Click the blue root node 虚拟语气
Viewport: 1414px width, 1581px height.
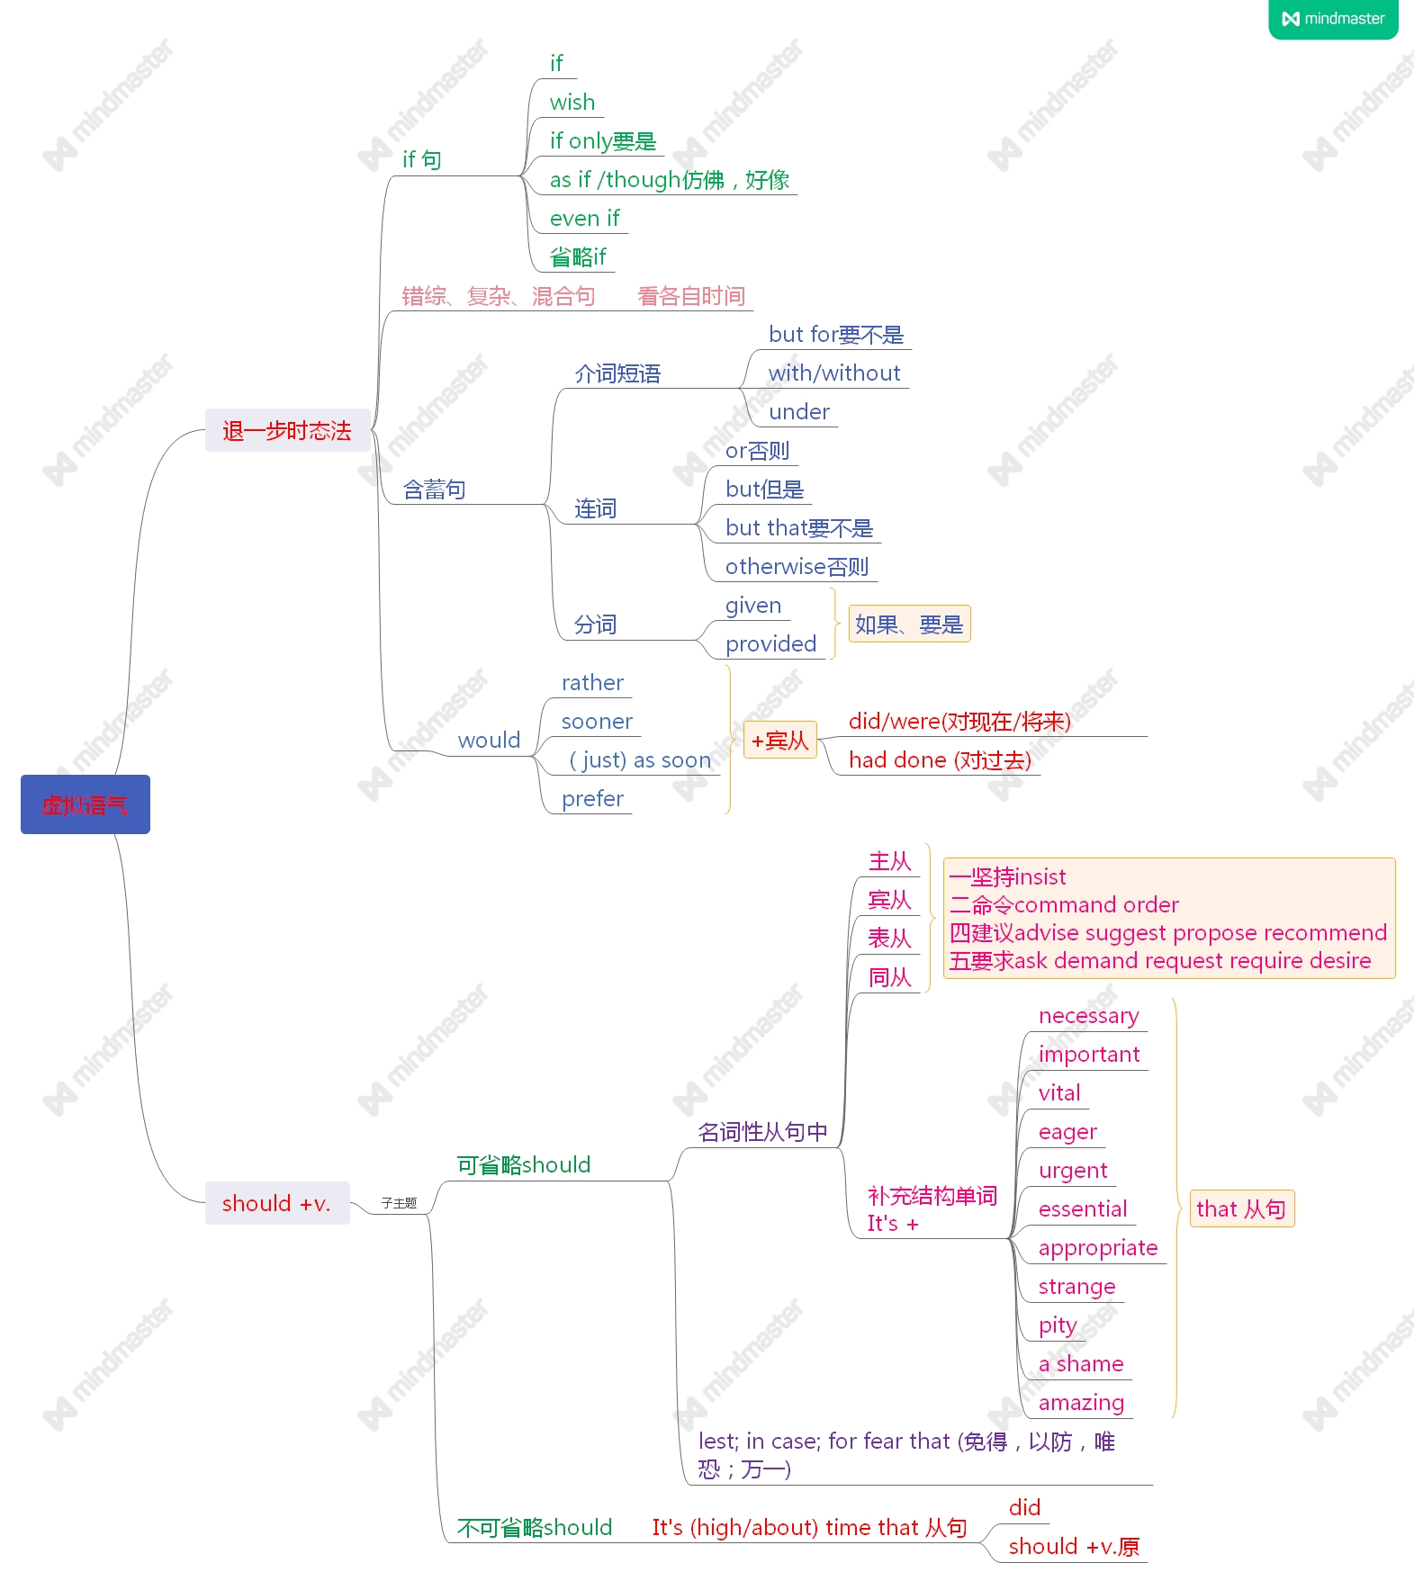pyautogui.click(x=86, y=804)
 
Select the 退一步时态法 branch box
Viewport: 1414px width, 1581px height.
pyautogui.click(x=287, y=431)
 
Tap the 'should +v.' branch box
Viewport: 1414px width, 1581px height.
pyautogui.click(x=276, y=1203)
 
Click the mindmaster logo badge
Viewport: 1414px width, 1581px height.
pyautogui.click(x=1333, y=19)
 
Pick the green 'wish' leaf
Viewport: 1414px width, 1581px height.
pyautogui.click(x=572, y=103)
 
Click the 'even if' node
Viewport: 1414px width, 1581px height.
pyautogui.click(x=584, y=219)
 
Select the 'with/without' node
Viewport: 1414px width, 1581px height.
pyautogui.click(x=833, y=373)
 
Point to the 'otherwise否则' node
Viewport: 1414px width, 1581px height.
pyautogui.click(x=797, y=567)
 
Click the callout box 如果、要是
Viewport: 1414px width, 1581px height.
pyautogui.click(x=909, y=624)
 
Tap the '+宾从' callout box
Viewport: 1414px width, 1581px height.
pyautogui.click(x=779, y=741)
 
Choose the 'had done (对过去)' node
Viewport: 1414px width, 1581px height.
pyautogui.click(x=940, y=760)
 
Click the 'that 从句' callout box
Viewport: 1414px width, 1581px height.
pyautogui.click(x=1240, y=1208)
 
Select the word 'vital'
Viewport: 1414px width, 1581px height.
pyautogui.click(x=1059, y=1093)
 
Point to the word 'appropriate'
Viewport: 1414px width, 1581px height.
pyautogui.click(x=1097, y=1248)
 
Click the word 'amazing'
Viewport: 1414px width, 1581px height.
pyautogui.click(x=1081, y=1403)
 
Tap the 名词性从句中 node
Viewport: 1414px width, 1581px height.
pyautogui.click(x=762, y=1132)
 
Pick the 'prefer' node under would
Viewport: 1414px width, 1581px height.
pyautogui.click(x=592, y=799)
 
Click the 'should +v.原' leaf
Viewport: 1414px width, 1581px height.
pyautogui.click(x=1074, y=1547)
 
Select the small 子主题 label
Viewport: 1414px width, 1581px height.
pyautogui.click(x=399, y=1203)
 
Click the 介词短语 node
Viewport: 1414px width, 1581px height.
pyautogui.click(x=617, y=373)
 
